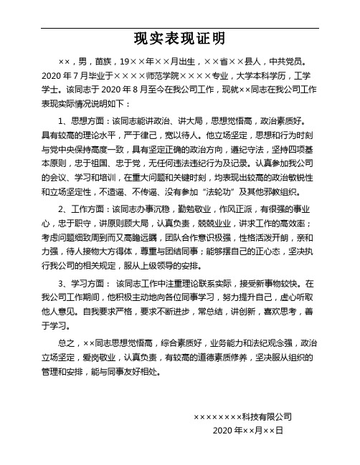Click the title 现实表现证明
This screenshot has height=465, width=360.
179,37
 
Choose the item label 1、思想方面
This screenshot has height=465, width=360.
82,121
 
